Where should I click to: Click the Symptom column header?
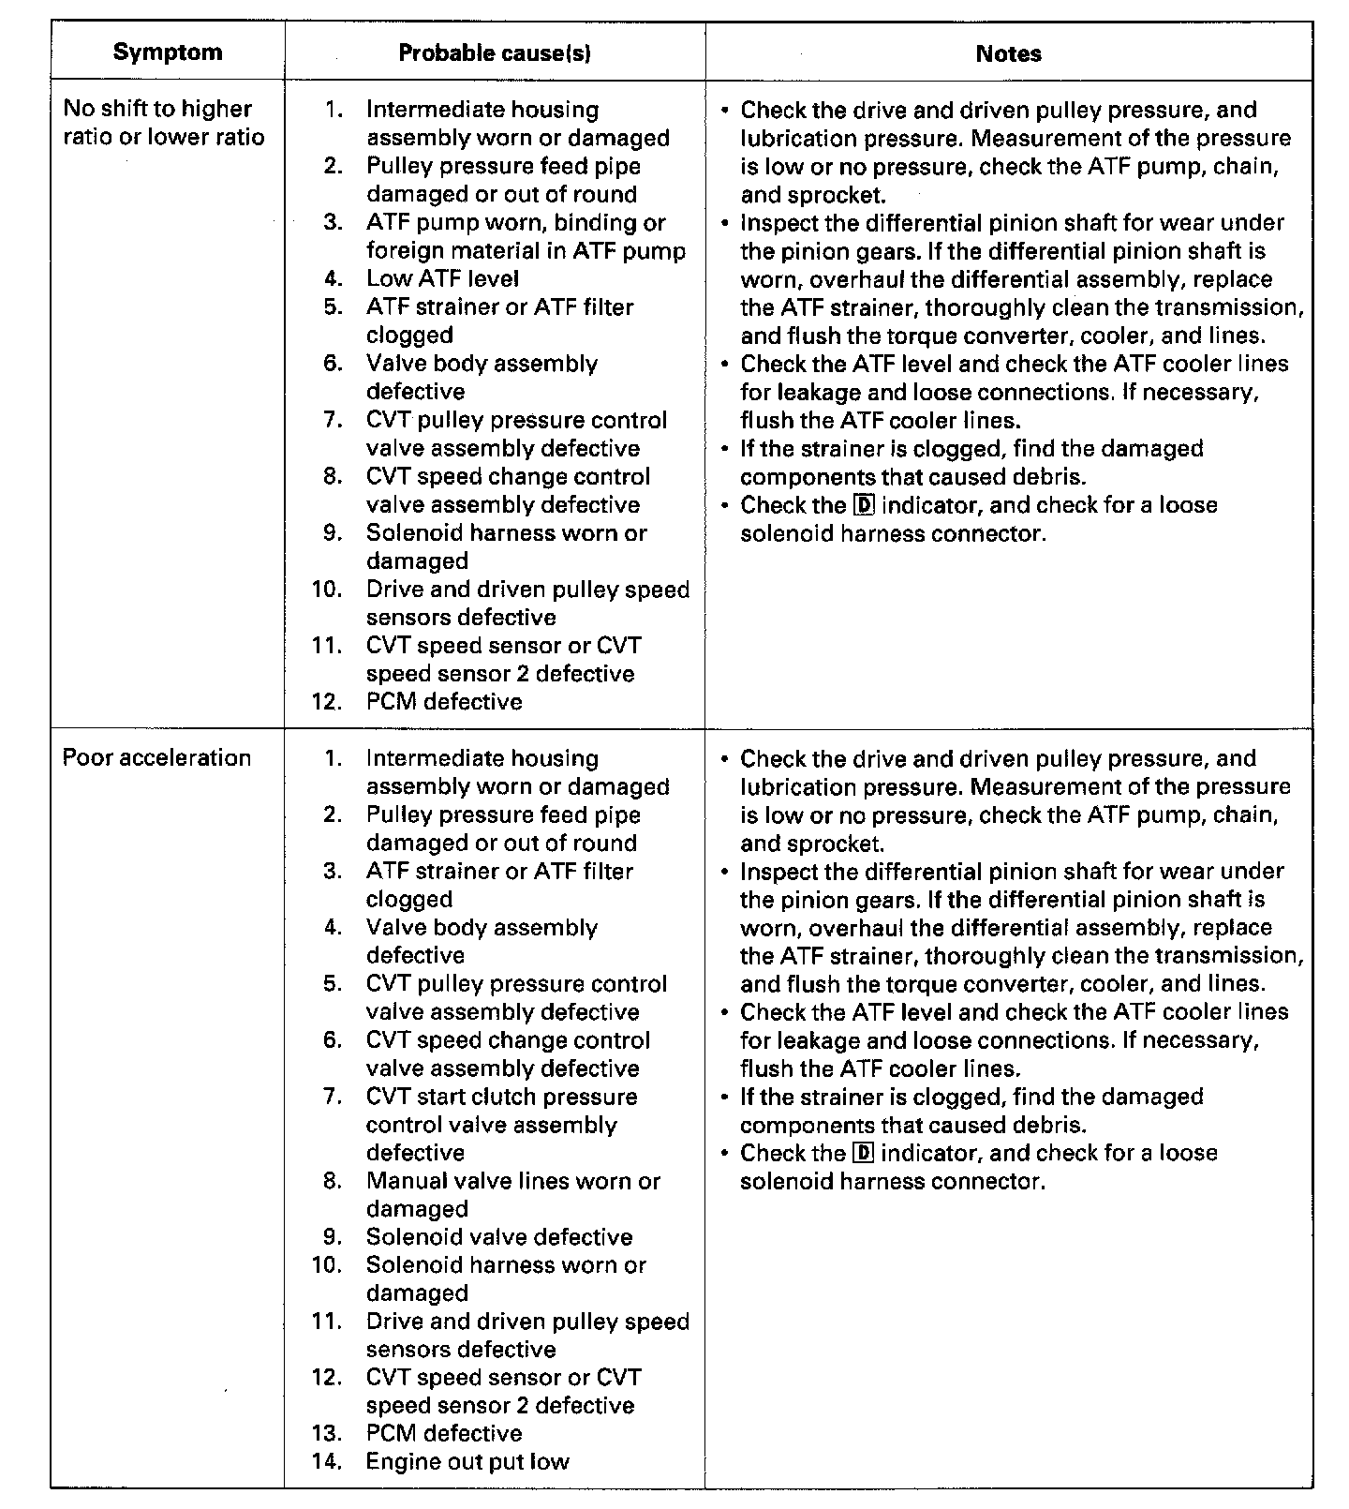(x=168, y=52)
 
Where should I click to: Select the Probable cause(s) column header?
(x=495, y=53)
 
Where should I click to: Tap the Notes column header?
(x=1008, y=53)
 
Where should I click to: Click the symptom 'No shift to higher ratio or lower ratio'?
(x=164, y=123)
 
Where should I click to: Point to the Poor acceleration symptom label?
(x=156, y=757)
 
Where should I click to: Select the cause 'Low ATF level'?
(x=442, y=278)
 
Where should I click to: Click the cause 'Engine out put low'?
(x=467, y=1461)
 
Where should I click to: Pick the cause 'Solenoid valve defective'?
(x=499, y=1236)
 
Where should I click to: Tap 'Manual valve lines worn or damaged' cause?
(x=512, y=1194)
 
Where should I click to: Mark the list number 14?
(x=327, y=1461)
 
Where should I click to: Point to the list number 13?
(x=327, y=1433)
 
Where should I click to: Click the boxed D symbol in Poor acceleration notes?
(x=864, y=1153)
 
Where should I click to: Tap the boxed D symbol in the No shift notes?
(x=864, y=505)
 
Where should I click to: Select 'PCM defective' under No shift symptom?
(x=444, y=701)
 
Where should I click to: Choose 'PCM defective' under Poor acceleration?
(x=444, y=1433)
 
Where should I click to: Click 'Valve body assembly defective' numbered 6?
(x=482, y=377)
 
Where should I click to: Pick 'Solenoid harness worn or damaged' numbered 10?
(x=506, y=1278)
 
